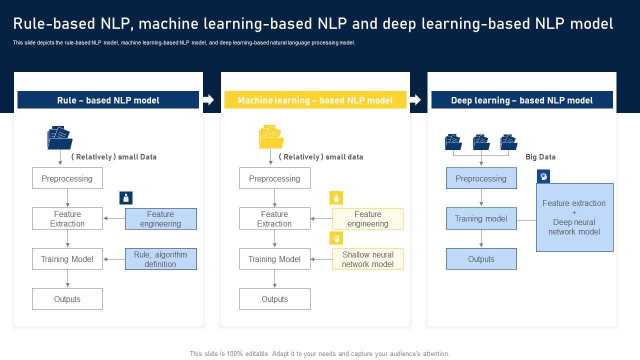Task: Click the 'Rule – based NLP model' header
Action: tap(108, 100)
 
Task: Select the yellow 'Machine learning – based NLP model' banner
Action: tap(315, 100)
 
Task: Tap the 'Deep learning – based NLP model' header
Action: tap(522, 100)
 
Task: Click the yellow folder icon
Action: tap(271, 137)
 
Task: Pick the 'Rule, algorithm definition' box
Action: tap(160, 259)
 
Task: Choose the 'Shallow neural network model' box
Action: tap(367, 259)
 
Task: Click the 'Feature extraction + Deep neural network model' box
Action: tap(574, 217)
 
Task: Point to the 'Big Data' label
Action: tap(540, 157)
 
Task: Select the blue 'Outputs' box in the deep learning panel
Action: tap(481, 259)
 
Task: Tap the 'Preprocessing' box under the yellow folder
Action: tap(274, 178)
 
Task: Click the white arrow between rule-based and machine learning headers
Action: tap(208, 100)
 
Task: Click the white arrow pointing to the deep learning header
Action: tap(415, 100)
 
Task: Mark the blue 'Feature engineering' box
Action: tap(160, 219)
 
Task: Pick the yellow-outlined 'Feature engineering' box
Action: tap(367, 219)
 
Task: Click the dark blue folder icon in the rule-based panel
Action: tap(59, 138)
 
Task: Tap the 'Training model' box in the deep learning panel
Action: tap(481, 219)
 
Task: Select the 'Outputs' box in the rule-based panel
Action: tap(67, 299)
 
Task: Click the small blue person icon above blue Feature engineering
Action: tap(126, 198)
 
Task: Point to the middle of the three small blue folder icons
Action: tap(481, 142)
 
